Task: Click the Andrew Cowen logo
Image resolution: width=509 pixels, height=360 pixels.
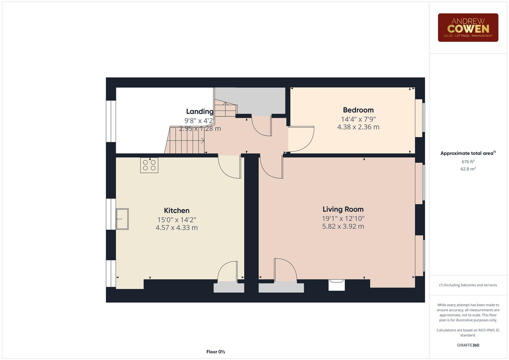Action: pyautogui.click(x=468, y=28)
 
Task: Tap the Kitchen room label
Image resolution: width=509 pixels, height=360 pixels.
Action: pyautogui.click(x=177, y=211)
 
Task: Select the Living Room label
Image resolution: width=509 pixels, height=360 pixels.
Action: pyautogui.click(x=343, y=209)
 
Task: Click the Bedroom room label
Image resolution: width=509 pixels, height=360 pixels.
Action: pyautogui.click(x=358, y=110)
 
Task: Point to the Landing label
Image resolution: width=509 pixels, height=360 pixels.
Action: pyautogui.click(x=200, y=111)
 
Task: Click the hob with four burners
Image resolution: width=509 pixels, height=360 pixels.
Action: pyautogui.click(x=149, y=165)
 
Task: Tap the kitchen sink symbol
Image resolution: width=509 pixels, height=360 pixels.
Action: pyautogui.click(x=122, y=219)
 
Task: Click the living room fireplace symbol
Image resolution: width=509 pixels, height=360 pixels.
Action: pyautogui.click(x=336, y=285)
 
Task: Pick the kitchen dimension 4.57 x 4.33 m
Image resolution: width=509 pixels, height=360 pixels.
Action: pyautogui.click(x=177, y=228)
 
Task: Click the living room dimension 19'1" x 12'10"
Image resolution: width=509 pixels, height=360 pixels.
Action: pyautogui.click(x=343, y=219)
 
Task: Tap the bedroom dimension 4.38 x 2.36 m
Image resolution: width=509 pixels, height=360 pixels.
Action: pyautogui.click(x=358, y=127)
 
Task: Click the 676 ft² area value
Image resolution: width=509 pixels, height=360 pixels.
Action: pyautogui.click(x=468, y=162)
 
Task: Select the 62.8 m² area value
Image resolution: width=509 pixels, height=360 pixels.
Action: pyautogui.click(x=468, y=169)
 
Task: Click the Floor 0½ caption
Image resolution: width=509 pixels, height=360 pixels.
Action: pyautogui.click(x=216, y=352)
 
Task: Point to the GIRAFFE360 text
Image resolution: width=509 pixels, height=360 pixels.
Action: pyautogui.click(x=468, y=345)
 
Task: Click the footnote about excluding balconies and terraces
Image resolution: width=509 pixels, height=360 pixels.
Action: pyautogui.click(x=468, y=285)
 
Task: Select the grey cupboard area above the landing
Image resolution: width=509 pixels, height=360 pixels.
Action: pyautogui.click(x=260, y=100)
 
